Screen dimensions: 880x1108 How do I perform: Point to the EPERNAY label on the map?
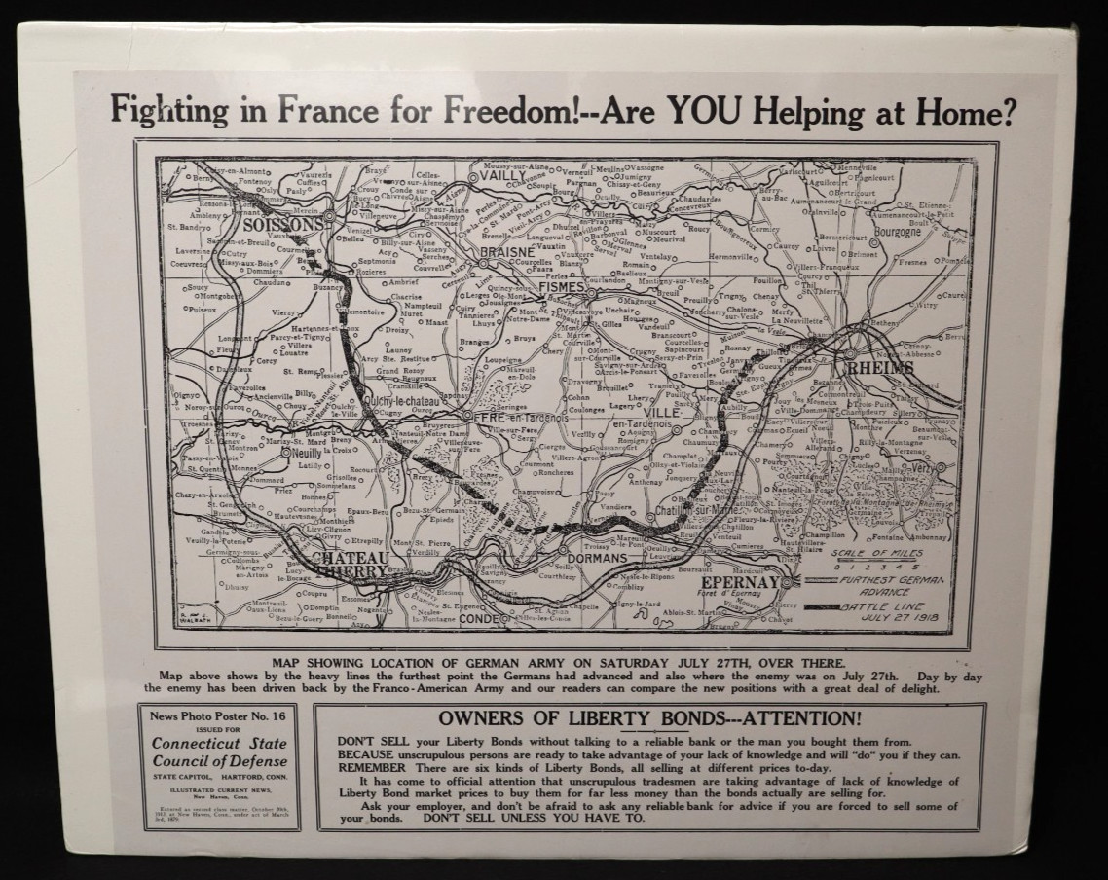coord(741,583)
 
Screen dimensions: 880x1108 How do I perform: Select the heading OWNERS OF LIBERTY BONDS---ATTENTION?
coord(650,719)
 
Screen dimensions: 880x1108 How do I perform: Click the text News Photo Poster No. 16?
coord(216,716)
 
